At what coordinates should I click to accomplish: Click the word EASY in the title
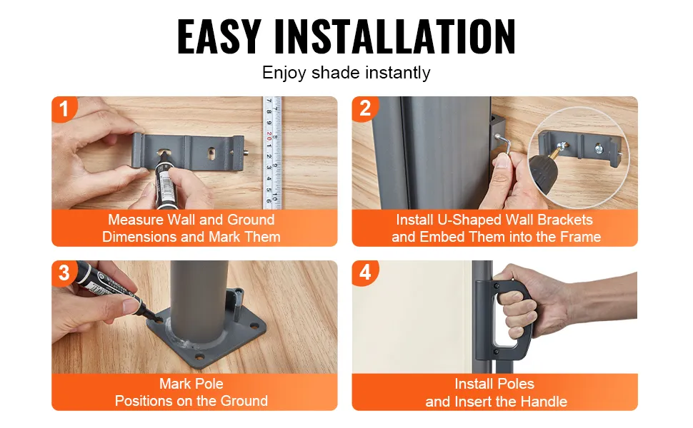[x=219, y=36]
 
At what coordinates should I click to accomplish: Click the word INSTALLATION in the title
[x=394, y=36]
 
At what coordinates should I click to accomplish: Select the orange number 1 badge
[x=64, y=108]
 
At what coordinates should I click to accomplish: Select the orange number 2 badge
[x=364, y=108]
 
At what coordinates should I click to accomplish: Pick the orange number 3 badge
[x=64, y=272]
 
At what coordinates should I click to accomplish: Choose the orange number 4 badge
[x=364, y=272]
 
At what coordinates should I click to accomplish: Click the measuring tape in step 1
[x=271, y=153]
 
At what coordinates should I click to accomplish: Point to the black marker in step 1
[x=165, y=181]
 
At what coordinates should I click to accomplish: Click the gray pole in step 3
[x=200, y=305]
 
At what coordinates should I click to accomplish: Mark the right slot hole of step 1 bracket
[x=213, y=153]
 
